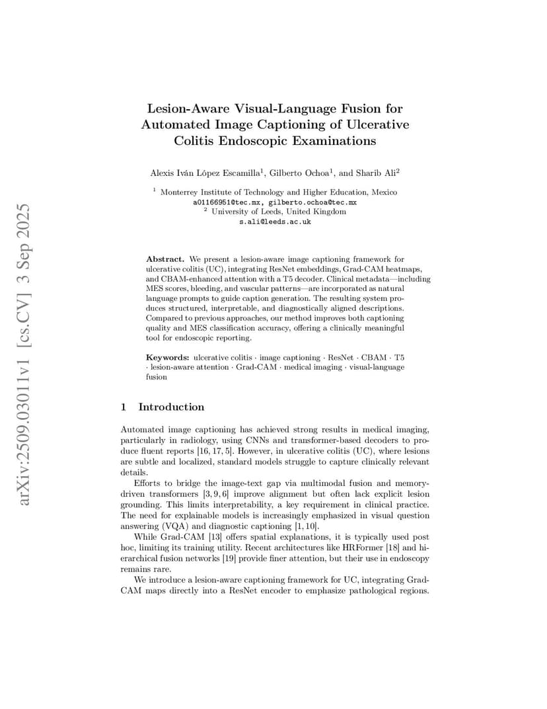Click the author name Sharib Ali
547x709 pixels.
(x=376, y=173)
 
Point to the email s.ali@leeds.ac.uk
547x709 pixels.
(x=275, y=222)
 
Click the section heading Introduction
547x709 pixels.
(x=171, y=407)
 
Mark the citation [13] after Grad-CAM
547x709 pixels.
(x=215, y=536)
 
